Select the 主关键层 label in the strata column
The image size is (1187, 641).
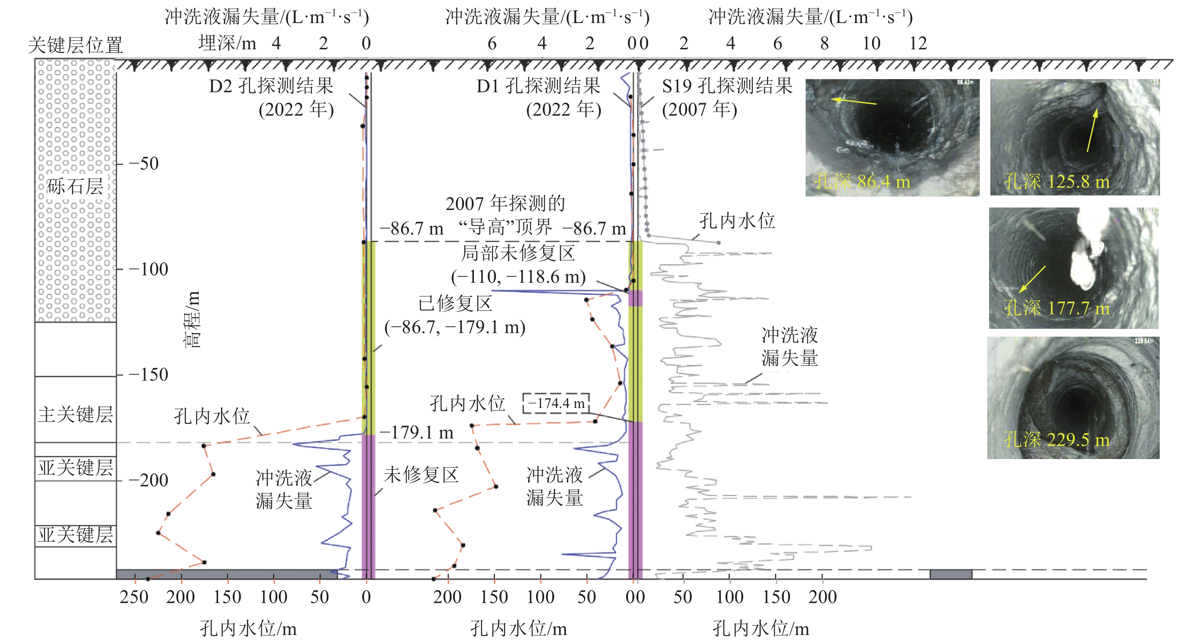coord(76,414)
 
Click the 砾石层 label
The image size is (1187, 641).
coord(75,186)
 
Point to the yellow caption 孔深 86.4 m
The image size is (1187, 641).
coord(862,182)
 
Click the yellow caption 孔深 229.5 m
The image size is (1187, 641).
coord(1056,440)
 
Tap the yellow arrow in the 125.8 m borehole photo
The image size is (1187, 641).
coord(1092,129)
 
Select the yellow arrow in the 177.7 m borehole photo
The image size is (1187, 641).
coord(1032,279)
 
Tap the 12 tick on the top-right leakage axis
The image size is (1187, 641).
coord(918,44)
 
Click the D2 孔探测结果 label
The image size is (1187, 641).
coord(271,86)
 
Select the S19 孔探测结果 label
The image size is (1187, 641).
coord(727,86)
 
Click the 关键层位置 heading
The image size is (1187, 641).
coord(76,45)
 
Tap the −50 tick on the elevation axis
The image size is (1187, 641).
coord(144,164)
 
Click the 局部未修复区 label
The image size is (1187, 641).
coord(518,253)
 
